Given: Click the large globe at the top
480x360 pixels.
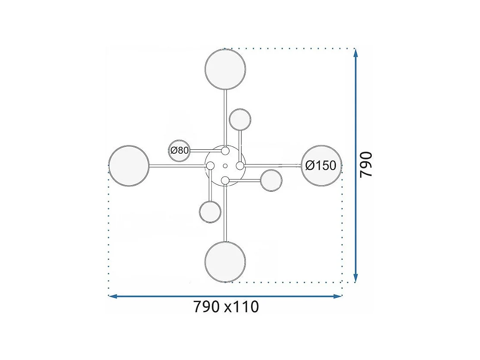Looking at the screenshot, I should click(225, 69).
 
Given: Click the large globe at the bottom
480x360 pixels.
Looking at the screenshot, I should click(225, 262).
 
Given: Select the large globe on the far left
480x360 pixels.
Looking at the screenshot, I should click(129, 166).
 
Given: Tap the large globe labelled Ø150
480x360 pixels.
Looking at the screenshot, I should click(321, 166).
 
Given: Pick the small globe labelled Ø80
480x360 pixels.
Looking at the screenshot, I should click(179, 151).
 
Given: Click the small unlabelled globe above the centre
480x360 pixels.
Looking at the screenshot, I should click(240, 120).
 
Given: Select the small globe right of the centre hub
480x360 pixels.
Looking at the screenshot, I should click(271, 180).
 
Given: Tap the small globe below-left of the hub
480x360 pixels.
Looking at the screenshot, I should click(210, 212).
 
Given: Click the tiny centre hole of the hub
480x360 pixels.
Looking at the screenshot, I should click(225, 166).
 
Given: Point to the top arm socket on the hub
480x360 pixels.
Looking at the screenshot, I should click(225, 151).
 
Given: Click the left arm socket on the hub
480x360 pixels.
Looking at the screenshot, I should click(210, 166).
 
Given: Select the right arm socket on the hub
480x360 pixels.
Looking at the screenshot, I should click(240, 166).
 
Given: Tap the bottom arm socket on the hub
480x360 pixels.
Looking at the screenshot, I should click(225, 180).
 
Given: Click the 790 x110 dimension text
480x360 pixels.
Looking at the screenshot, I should click(226, 306).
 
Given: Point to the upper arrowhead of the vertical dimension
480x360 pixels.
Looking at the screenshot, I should click(355, 53).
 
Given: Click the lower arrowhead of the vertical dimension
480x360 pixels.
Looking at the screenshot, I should click(355, 278).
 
